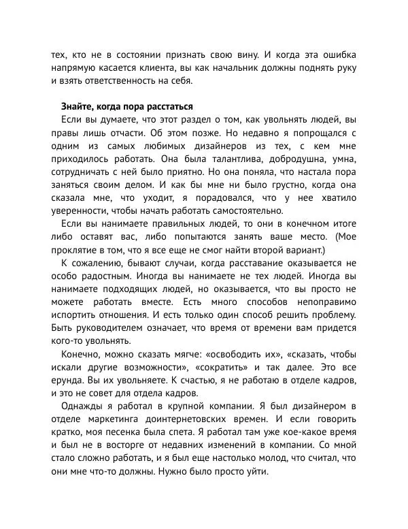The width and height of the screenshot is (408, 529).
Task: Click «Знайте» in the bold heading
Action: (75, 107)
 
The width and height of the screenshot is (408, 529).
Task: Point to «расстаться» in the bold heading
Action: (170, 107)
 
